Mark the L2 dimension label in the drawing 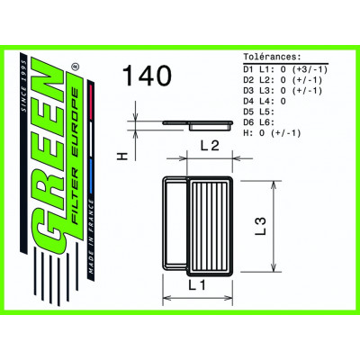[210, 146]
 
